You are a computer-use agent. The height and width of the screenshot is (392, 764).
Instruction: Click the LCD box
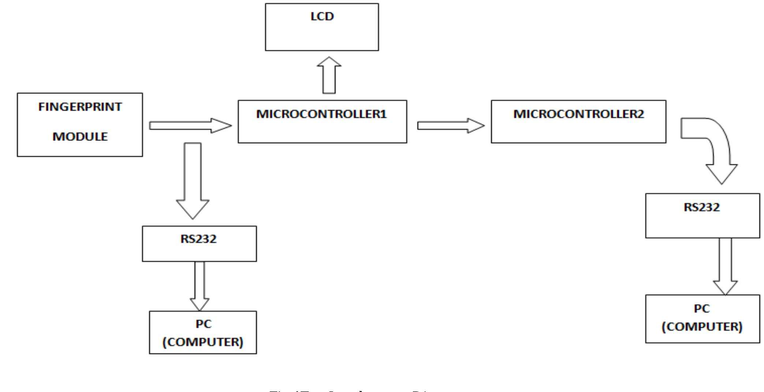coord(322,27)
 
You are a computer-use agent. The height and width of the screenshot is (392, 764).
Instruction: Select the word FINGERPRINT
coord(80,107)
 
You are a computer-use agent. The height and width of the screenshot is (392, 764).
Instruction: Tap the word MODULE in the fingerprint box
coord(80,137)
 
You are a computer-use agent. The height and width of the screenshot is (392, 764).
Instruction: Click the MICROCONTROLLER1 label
coord(321,114)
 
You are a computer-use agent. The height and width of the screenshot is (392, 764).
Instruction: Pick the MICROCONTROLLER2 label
coord(578,114)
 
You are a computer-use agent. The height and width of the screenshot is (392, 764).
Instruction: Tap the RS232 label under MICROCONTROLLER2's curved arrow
coord(701,207)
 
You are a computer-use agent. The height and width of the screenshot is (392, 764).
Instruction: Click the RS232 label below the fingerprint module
coord(198,239)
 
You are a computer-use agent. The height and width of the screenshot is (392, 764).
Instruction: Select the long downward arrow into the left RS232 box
coord(193,179)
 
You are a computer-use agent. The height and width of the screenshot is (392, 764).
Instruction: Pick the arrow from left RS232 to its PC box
coord(200,285)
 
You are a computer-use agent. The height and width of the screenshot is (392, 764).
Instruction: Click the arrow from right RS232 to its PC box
coord(725,265)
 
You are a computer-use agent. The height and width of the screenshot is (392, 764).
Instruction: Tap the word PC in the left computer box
coord(203,324)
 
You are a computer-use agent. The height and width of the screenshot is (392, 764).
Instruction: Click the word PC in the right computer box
coord(701,309)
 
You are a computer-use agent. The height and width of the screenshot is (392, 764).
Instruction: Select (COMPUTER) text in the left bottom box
coord(203,342)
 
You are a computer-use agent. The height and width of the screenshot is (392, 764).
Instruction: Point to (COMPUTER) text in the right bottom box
coord(701,326)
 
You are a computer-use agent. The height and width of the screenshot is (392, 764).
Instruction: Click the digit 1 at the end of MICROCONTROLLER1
coord(383,114)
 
